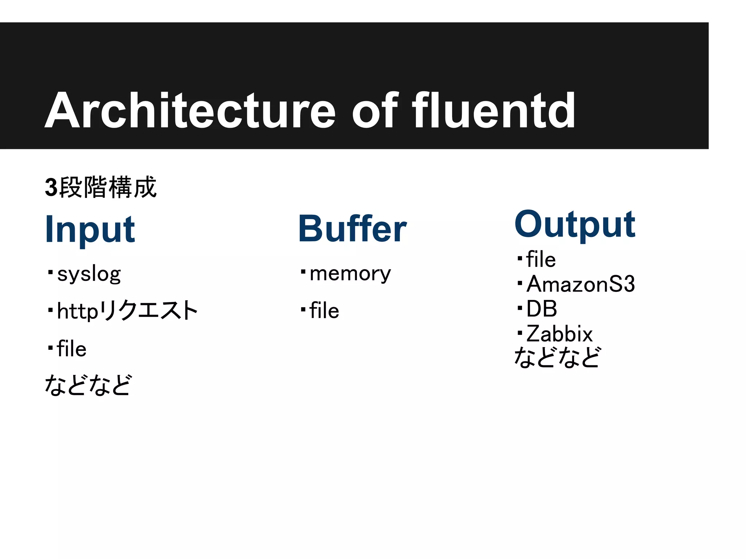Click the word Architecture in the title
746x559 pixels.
(x=190, y=111)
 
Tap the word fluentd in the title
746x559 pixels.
(x=494, y=111)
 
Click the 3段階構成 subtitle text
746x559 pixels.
(x=101, y=187)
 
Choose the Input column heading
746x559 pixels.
(x=90, y=229)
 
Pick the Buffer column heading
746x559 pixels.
(x=352, y=229)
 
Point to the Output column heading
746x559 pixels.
(x=575, y=224)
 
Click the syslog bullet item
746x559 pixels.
(x=89, y=274)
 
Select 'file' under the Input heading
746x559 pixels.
(x=72, y=349)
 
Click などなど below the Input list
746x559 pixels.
(x=87, y=385)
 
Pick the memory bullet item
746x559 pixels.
(x=350, y=273)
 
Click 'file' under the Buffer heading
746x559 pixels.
(x=324, y=311)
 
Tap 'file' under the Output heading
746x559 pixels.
(x=541, y=259)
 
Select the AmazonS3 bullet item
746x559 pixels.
(x=581, y=284)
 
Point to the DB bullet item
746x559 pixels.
(x=542, y=309)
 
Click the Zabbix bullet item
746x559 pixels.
(x=559, y=333)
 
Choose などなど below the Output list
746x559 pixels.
(x=557, y=357)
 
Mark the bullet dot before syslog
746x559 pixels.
(x=50, y=272)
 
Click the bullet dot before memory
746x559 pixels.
(x=303, y=271)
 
